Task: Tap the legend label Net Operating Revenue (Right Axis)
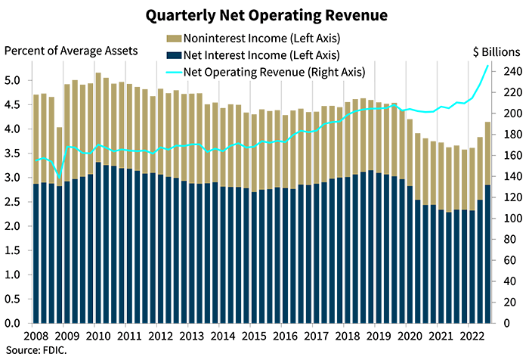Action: tap(264, 73)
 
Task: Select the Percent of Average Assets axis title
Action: tap(72, 51)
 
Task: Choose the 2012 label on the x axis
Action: tap(164, 332)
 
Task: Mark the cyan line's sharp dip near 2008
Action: tap(59, 176)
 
